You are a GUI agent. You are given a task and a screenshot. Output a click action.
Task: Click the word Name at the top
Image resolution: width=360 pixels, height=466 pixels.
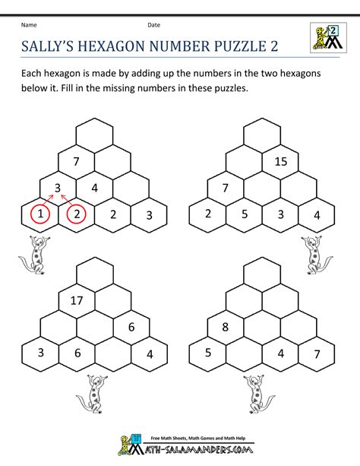(29, 25)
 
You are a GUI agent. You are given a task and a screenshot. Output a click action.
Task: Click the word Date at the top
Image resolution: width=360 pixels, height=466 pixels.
(154, 25)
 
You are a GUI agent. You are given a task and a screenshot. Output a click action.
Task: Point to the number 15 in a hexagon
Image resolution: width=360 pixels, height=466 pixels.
(281, 161)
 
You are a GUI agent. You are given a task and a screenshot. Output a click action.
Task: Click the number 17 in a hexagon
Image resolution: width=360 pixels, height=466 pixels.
(77, 300)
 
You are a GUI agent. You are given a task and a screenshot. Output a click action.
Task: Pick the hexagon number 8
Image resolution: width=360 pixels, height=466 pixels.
(225, 327)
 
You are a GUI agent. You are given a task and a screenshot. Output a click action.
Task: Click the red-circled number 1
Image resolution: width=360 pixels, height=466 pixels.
(40, 214)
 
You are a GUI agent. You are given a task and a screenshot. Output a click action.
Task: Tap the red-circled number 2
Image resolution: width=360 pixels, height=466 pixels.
(77, 214)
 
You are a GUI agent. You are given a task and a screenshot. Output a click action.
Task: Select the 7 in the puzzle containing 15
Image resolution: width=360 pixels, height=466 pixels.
(225, 188)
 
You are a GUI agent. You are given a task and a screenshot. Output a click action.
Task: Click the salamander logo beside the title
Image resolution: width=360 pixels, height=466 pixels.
(328, 38)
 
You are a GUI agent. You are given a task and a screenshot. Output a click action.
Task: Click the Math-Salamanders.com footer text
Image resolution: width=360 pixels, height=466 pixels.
(197, 449)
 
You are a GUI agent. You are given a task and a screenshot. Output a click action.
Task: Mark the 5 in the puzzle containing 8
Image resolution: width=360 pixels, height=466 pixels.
(208, 353)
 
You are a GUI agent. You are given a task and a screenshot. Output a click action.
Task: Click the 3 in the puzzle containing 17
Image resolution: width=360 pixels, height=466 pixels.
(41, 353)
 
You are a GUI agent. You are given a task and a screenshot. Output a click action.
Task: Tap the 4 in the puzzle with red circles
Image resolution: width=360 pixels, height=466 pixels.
(95, 188)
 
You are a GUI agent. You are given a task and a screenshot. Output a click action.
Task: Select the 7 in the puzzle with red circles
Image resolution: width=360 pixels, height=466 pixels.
(77, 161)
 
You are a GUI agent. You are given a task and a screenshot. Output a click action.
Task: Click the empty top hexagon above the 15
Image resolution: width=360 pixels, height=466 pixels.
(262, 135)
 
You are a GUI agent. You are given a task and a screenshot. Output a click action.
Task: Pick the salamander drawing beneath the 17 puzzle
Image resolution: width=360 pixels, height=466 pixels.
(92, 394)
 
